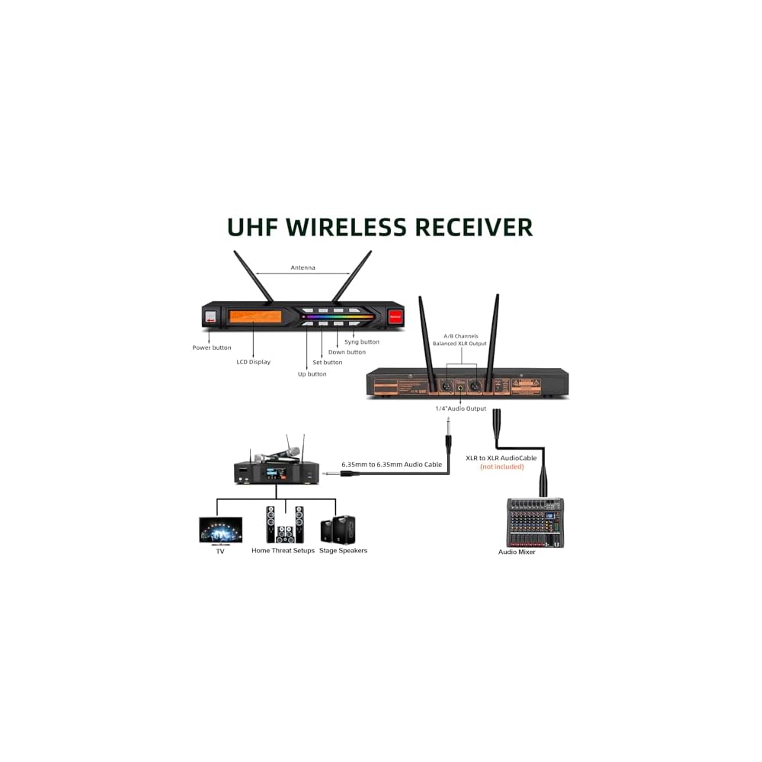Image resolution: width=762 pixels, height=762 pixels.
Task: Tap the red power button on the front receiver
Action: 395,315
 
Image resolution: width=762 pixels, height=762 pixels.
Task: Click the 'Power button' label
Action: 211,347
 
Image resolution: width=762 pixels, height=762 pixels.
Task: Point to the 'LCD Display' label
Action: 253,362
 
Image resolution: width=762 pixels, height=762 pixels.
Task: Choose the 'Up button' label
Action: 312,374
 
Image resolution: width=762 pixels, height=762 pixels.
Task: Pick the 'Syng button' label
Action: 361,342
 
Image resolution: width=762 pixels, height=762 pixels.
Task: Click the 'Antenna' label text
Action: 303,267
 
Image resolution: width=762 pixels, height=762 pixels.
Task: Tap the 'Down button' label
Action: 347,352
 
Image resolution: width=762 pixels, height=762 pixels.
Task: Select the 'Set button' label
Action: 328,363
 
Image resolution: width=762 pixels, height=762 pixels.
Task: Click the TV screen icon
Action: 220,530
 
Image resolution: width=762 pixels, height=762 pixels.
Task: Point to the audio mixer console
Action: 535,522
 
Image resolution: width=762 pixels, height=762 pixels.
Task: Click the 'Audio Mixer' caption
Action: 517,552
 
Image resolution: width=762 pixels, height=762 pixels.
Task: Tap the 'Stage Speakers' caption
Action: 343,550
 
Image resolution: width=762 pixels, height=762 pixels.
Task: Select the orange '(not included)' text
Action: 501,466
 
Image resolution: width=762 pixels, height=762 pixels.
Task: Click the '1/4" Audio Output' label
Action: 460,409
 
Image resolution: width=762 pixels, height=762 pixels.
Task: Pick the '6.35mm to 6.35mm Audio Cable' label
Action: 392,463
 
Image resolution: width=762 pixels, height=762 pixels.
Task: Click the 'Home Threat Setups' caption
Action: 283,550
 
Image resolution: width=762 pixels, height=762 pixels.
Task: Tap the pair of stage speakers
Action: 338,528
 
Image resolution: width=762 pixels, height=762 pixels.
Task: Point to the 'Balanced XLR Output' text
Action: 459,344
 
